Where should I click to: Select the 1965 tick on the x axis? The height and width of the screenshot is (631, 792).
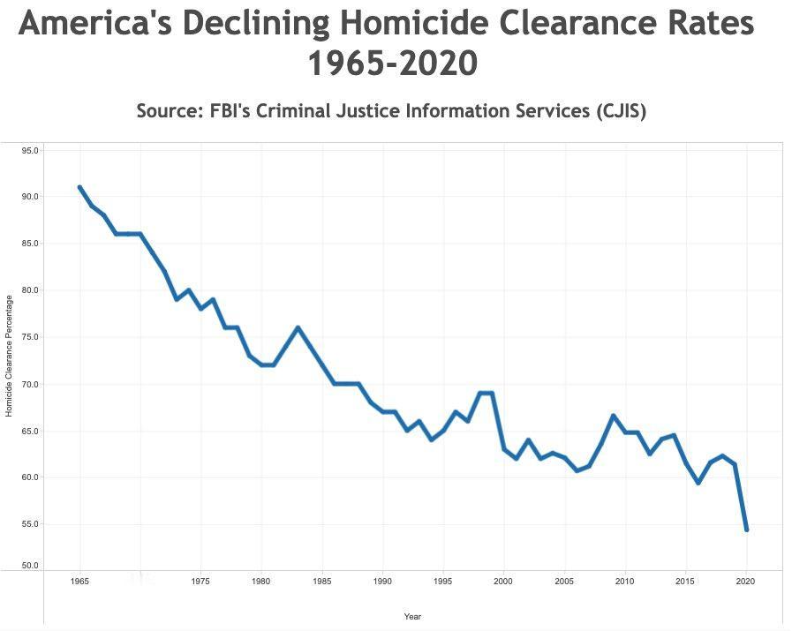click(x=79, y=582)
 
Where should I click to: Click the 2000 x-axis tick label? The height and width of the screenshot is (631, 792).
click(x=504, y=582)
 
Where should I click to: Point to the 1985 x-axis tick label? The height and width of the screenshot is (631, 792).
click(x=322, y=582)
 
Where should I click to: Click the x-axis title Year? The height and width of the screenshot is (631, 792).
click(x=412, y=616)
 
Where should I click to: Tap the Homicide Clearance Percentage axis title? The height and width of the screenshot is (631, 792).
click(x=10, y=357)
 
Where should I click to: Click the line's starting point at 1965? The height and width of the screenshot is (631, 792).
click(x=79, y=187)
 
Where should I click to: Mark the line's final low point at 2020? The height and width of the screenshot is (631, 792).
click(x=747, y=530)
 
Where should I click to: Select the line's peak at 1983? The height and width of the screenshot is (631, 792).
click(x=298, y=327)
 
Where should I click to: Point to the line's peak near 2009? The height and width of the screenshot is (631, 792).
click(x=613, y=416)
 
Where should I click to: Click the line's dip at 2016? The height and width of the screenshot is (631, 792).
click(x=698, y=483)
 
